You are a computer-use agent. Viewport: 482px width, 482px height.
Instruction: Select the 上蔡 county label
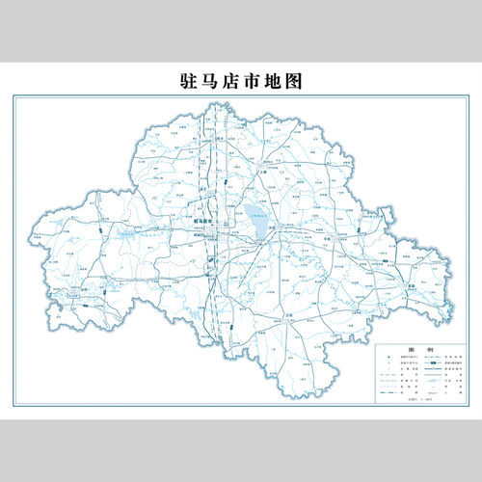point(263,170)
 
